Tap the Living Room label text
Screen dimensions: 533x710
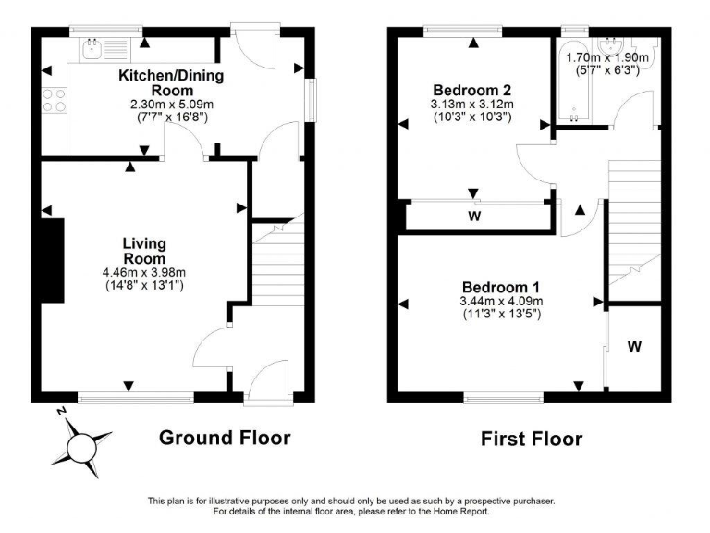click(144, 250)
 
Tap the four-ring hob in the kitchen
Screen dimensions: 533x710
click(54, 99)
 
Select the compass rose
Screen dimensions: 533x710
click(85, 446)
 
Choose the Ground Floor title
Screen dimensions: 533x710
click(225, 437)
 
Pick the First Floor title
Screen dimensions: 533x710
click(532, 439)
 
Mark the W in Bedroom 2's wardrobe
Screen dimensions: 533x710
click(473, 217)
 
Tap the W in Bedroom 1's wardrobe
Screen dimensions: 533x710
click(634, 347)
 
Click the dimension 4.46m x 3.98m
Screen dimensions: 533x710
click(144, 273)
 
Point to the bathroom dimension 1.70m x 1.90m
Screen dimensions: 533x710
click(607, 56)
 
